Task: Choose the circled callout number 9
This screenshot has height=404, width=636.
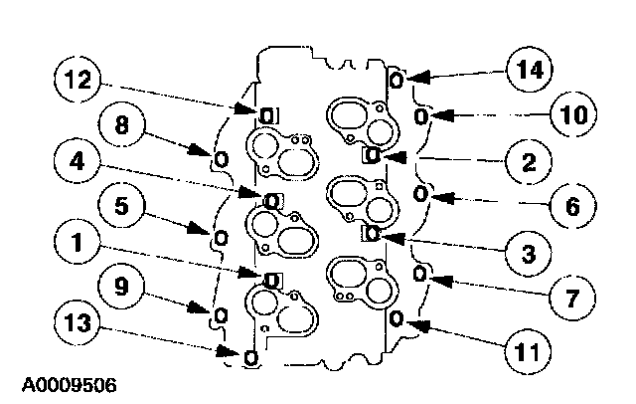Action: pos(120,289)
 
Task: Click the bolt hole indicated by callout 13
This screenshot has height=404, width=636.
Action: pos(249,355)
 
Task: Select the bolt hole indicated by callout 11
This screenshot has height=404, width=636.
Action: pos(397,319)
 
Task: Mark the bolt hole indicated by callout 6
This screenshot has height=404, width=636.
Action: pos(420,192)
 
